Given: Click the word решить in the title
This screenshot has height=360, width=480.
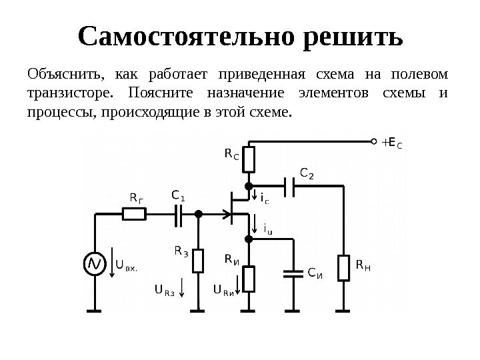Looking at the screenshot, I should tap(353, 39).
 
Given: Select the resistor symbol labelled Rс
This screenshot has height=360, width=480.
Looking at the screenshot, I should tap(249, 159).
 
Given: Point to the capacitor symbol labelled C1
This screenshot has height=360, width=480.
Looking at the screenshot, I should tap(179, 214).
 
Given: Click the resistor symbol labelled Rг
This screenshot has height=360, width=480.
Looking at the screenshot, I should tap(135, 214).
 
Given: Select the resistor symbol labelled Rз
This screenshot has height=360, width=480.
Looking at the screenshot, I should tap(198, 260).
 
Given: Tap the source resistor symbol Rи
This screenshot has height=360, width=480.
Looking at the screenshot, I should tap(249, 278).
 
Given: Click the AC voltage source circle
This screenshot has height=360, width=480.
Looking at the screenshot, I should tap(95, 265).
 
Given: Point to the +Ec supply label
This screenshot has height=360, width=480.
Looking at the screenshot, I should tap(393, 141).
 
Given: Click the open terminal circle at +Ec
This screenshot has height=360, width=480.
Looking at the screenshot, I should tap(373, 141).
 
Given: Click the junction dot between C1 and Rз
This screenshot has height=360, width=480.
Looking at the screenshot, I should tap(198, 214).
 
